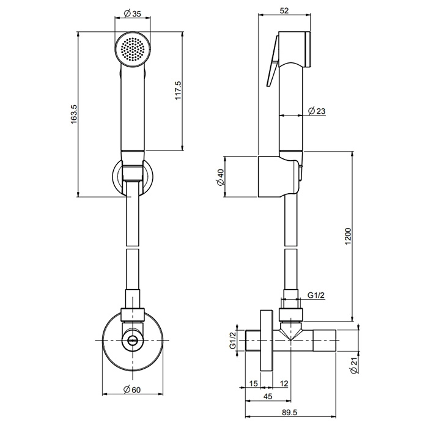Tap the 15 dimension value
[253, 383]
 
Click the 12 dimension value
[283, 383]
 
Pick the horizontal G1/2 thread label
[316, 295]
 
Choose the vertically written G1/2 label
[232, 341]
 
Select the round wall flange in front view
[110, 342]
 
